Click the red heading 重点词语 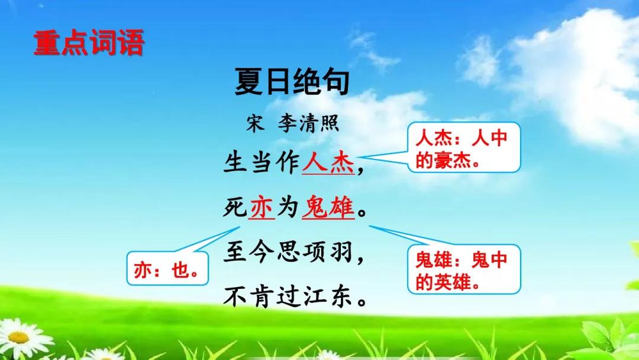tap(89, 43)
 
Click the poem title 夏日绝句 tap(292, 82)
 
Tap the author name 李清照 tap(308, 123)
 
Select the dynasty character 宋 tap(255, 123)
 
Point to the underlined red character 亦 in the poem tap(262, 207)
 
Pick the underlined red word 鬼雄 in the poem tap(328, 207)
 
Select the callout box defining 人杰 tap(464, 147)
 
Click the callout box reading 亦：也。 tap(167, 269)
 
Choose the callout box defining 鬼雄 tap(464, 269)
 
